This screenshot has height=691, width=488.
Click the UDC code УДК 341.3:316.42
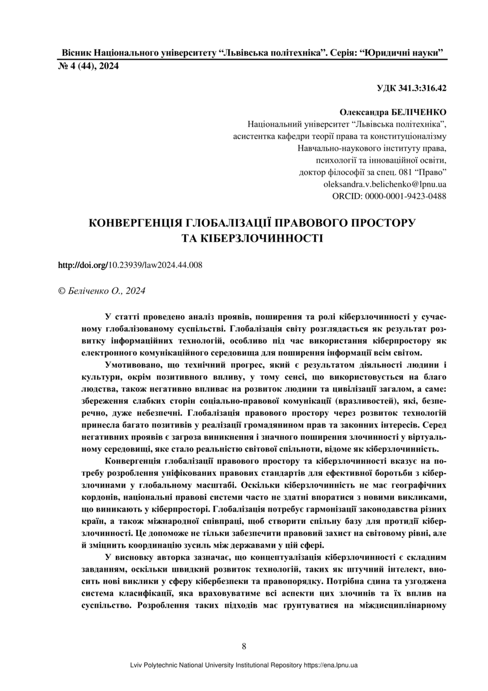tap(411, 87)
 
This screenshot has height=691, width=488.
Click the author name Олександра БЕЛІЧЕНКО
tap(393, 112)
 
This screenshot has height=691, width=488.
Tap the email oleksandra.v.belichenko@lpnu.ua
tap(384, 184)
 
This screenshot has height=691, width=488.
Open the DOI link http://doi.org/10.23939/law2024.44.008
tap(130, 265)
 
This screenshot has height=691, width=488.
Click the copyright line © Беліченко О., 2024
tap(102, 290)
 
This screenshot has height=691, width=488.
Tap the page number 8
tap(244, 646)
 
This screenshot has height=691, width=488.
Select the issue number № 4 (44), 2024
tap(89, 66)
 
